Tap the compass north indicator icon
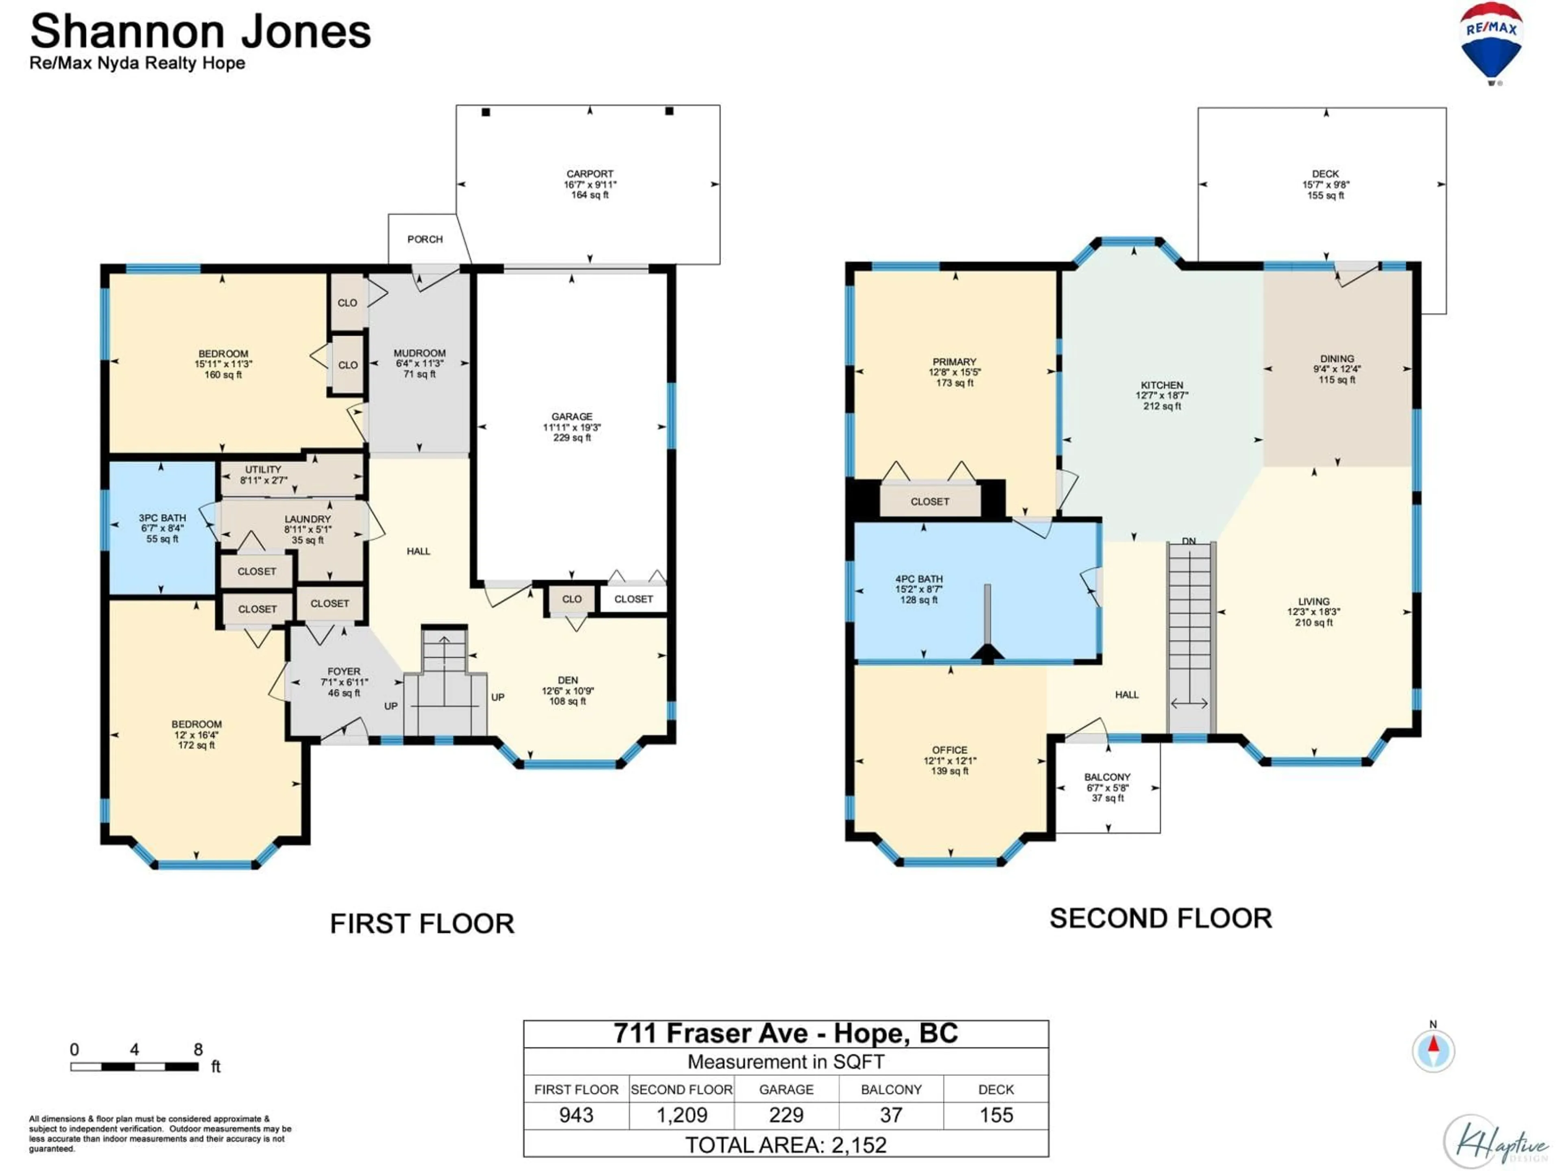(x=1433, y=1050)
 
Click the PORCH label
(x=425, y=239)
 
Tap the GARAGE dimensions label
(x=572, y=427)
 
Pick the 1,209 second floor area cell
(x=681, y=1115)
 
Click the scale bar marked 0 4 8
(x=134, y=1066)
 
